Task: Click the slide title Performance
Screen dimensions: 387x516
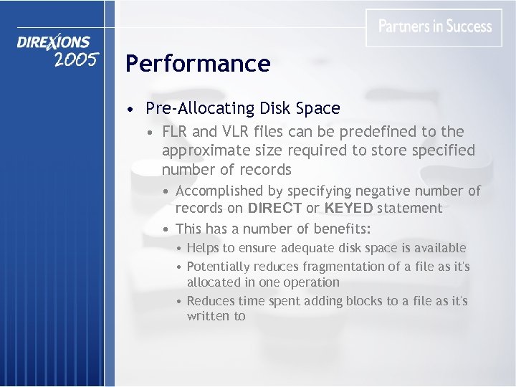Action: click(x=198, y=64)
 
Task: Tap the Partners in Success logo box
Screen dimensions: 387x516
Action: click(x=434, y=27)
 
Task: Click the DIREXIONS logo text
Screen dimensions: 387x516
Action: click(x=54, y=42)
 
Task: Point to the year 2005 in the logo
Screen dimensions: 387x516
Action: click(x=75, y=59)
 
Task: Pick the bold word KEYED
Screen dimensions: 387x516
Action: click(x=348, y=209)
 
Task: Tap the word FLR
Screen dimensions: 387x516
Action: click(x=176, y=132)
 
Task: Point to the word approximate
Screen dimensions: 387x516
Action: click(x=204, y=150)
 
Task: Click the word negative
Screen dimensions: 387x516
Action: click(x=377, y=191)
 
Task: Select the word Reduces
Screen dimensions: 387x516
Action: click(x=212, y=301)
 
